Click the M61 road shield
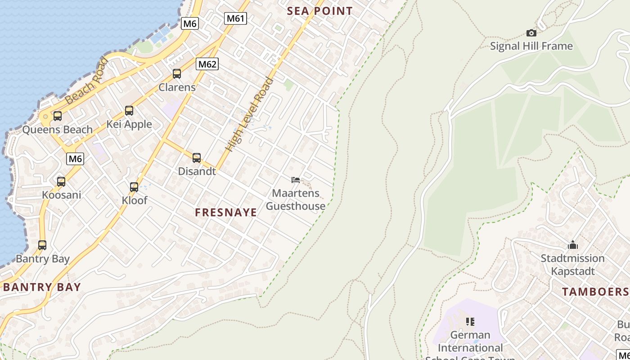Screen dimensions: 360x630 pyautogui.click(x=235, y=18)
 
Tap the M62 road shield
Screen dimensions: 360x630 pyautogui.click(x=207, y=64)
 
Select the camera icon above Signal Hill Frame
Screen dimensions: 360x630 pyautogui.click(x=531, y=33)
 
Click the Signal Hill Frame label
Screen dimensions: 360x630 pyautogui.click(x=531, y=46)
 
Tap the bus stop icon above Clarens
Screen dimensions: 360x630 pyautogui.click(x=177, y=74)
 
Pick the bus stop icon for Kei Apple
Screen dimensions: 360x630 pyautogui.click(x=129, y=111)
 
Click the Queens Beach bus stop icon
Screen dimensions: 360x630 pyautogui.click(x=57, y=116)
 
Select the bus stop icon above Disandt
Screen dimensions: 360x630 pyautogui.click(x=197, y=158)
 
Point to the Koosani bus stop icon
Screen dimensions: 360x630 pyautogui.click(x=61, y=182)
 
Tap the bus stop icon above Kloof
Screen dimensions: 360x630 pyautogui.click(x=134, y=187)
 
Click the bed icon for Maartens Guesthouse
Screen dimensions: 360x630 pyautogui.click(x=296, y=180)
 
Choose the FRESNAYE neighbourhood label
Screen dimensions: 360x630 pyautogui.click(x=226, y=212)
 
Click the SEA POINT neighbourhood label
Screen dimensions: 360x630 pyautogui.click(x=320, y=11)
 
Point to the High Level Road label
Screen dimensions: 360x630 pyautogui.click(x=250, y=115)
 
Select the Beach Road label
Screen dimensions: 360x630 pyautogui.click(x=86, y=82)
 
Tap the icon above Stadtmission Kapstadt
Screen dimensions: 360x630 pyautogui.click(x=572, y=245)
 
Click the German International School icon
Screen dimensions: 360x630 pyautogui.click(x=470, y=322)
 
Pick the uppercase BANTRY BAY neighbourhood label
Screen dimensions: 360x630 pyautogui.click(x=42, y=287)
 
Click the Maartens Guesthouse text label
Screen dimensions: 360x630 pyautogui.click(x=296, y=200)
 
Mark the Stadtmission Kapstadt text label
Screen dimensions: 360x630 pyautogui.click(x=572, y=265)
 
